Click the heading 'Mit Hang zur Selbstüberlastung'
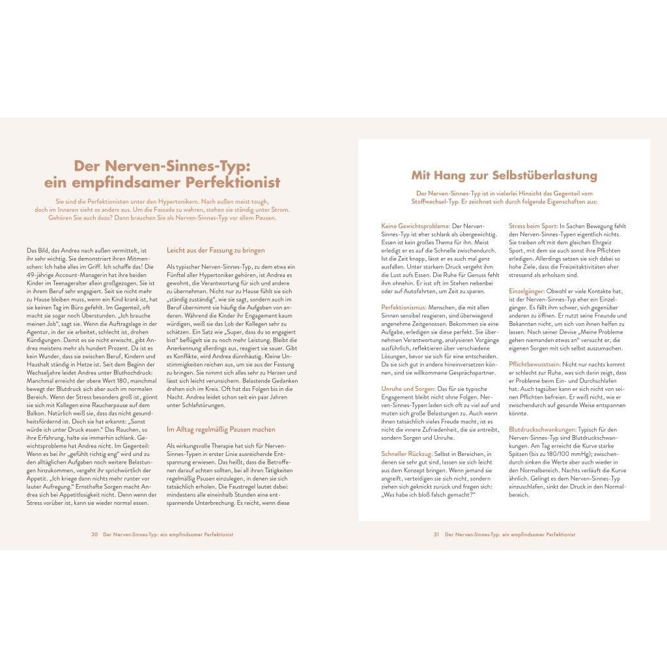tap(504, 175)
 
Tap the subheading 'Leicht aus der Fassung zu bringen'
tap(206, 250)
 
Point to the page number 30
tap(94, 534)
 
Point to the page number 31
tap(436, 534)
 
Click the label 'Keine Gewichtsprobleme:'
tap(416, 225)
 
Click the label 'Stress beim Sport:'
tap(533, 225)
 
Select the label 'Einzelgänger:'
tap(526, 291)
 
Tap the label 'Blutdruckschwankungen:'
tap(542, 429)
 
